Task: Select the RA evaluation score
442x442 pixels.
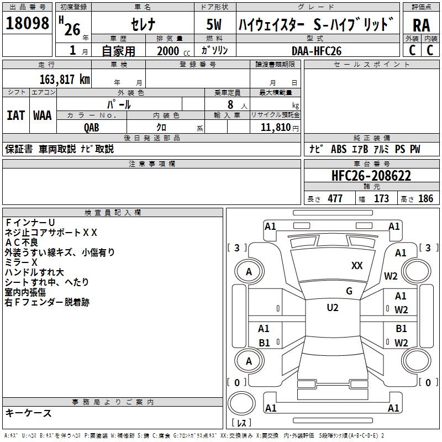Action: [x=421, y=25]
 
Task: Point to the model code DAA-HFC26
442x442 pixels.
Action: [x=317, y=50]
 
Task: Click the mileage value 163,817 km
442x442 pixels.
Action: [x=65, y=79]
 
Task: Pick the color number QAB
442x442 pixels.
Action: [x=92, y=127]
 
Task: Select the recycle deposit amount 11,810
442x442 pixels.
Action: [x=275, y=127]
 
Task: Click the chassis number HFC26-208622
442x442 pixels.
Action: [x=371, y=176]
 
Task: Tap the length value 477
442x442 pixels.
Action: [x=335, y=199]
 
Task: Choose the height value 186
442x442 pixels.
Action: [x=425, y=199]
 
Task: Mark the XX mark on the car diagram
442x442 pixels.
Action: [x=357, y=266]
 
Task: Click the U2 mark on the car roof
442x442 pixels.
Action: [x=333, y=308]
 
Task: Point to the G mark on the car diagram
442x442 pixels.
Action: [x=349, y=291]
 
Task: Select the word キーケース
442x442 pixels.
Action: [x=29, y=413]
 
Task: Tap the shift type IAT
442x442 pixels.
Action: [x=15, y=115]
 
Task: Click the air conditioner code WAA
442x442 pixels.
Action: [x=43, y=115]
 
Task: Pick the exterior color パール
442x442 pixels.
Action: [x=119, y=104]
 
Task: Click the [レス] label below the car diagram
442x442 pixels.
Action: [x=241, y=424]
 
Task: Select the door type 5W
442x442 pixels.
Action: [x=214, y=25]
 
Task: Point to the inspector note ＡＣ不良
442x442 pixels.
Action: [x=22, y=242]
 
